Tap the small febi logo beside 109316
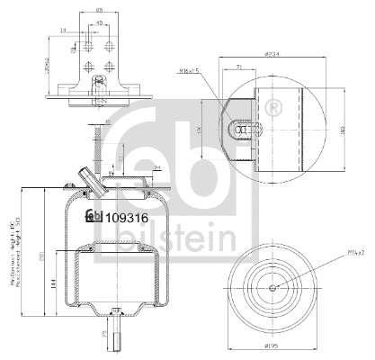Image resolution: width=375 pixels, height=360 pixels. click(x=94, y=217)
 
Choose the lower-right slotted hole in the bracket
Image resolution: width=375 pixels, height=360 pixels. click(x=107, y=65)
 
